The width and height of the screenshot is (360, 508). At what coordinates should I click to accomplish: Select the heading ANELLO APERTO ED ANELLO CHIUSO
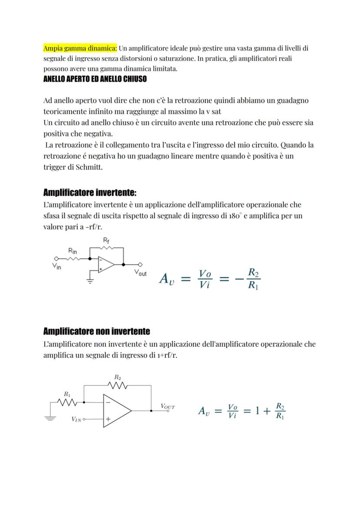(95, 79)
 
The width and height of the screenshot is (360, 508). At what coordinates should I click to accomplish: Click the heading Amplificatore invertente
(90, 193)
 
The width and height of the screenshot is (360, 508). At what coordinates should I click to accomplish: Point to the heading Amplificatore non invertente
(97, 332)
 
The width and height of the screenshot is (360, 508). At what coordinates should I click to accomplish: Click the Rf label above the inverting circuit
(106, 240)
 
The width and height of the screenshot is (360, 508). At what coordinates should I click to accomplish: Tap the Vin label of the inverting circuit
(57, 266)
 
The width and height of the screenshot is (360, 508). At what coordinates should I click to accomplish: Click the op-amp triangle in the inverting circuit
(105, 264)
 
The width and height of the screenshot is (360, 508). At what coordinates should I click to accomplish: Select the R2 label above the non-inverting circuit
(117, 377)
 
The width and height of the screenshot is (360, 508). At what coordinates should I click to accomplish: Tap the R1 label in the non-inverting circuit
(67, 394)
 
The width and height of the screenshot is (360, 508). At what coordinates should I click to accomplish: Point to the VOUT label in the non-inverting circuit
(167, 407)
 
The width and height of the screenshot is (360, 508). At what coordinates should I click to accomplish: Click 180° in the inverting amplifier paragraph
(235, 216)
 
